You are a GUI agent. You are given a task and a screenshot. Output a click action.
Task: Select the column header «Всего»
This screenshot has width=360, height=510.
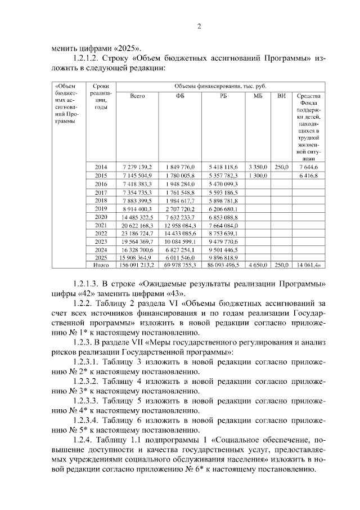pos(137,96)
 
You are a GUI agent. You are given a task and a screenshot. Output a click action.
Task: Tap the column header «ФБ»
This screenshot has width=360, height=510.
pos(179,96)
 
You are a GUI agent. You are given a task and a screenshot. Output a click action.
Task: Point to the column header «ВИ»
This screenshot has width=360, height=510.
pos(281,96)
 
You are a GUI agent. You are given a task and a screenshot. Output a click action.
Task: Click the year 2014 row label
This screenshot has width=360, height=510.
pos(101,168)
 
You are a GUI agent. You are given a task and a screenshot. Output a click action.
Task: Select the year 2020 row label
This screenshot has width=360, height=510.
pos(101,217)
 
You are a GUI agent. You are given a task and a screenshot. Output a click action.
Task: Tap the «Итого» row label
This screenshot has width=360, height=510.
pos(101,265)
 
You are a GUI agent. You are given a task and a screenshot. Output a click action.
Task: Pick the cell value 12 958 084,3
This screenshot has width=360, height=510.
pos(180,225)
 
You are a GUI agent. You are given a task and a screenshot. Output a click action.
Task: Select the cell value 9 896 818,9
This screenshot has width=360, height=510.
pos(223,257)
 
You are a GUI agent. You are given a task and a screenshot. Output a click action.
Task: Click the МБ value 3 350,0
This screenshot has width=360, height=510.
pos(258,168)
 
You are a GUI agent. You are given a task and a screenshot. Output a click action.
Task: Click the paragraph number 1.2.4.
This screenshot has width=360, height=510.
pos(85,439)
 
